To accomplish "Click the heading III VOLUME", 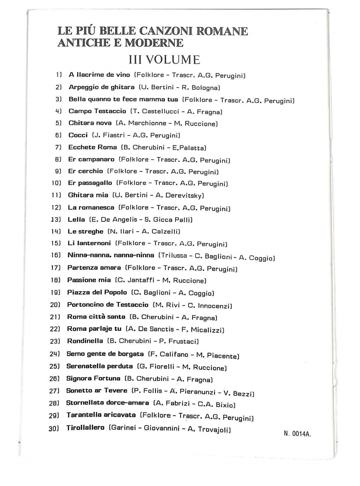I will point(164,60).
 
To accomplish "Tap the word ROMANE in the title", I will point(223,31).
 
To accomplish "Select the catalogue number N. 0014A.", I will point(297,434).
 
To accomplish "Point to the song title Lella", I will point(76,219).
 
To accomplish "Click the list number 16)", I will point(56,255).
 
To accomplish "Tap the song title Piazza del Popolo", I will point(97,293).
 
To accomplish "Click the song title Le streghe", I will point(85,231).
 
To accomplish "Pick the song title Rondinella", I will point(85,341).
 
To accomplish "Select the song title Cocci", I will point(78,135).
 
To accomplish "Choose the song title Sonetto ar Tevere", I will point(96,391).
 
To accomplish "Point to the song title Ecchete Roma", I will point(93,147).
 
